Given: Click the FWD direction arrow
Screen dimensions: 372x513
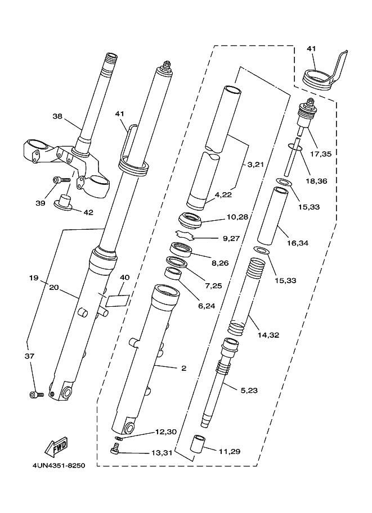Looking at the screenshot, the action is (x=56, y=446).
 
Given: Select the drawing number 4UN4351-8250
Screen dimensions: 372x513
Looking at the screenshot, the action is (x=59, y=465).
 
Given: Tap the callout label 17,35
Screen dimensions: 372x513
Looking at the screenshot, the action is (x=321, y=154).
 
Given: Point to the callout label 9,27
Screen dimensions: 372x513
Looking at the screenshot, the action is (x=231, y=238).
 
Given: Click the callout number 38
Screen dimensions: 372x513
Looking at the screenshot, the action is (x=57, y=116).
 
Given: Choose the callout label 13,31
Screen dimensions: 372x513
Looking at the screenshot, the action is (x=162, y=453).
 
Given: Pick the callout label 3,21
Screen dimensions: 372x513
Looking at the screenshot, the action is (x=256, y=165).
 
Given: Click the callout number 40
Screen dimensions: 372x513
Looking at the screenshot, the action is (x=124, y=278).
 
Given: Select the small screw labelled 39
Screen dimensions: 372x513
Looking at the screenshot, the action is (x=61, y=180).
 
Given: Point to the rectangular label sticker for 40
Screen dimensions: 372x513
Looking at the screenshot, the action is (x=117, y=301).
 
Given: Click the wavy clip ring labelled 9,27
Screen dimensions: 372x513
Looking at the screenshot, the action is (x=185, y=234).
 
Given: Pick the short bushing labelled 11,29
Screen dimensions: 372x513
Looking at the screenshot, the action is (x=199, y=444).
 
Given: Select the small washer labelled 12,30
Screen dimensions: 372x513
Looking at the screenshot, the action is (x=119, y=438).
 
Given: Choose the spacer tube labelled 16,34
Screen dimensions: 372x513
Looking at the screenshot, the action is (x=273, y=216).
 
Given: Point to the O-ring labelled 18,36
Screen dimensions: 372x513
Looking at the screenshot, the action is (x=294, y=147).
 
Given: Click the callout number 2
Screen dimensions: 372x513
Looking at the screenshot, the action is (x=183, y=368).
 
